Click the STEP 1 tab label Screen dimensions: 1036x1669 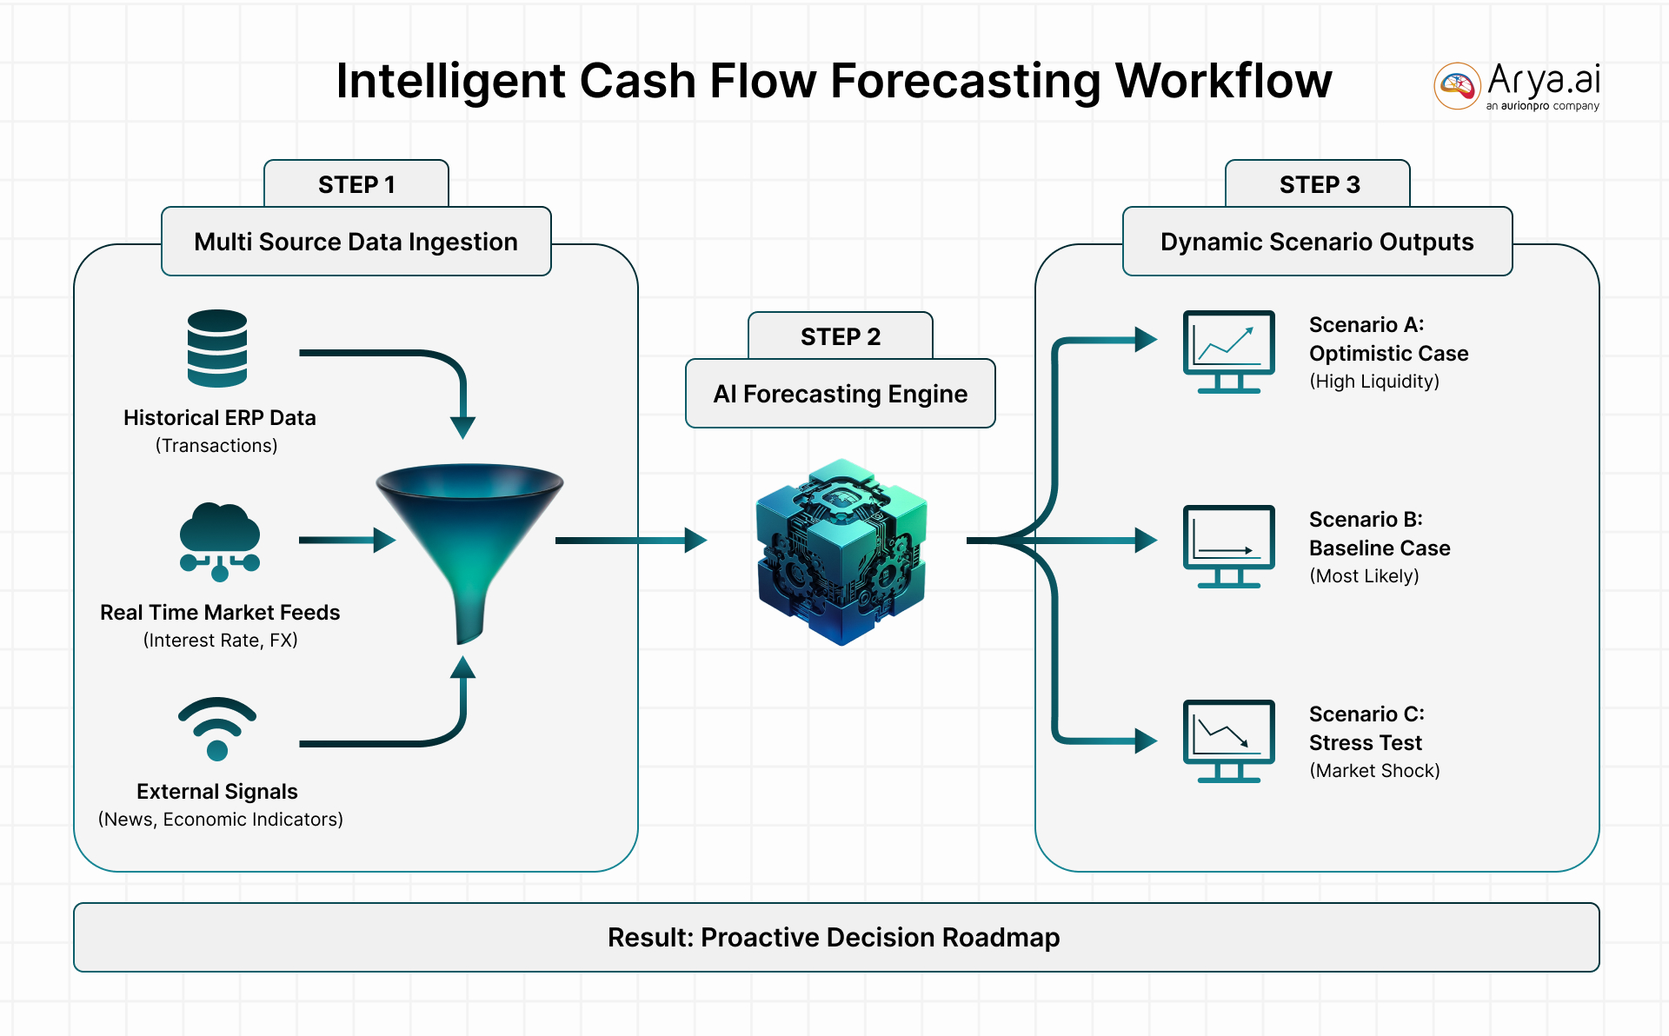[x=356, y=184]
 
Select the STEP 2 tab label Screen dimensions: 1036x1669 [x=841, y=336]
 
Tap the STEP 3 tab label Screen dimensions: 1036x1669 [x=1319, y=184]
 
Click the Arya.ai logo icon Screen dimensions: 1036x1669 [x=1457, y=86]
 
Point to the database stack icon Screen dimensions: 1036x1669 [x=217, y=348]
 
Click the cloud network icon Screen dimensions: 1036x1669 [x=219, y=541]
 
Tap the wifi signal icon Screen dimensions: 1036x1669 [x=217, y=728]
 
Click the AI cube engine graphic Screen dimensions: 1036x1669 [x=841, y=552]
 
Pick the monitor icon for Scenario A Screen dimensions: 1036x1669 [x=1228, y=351]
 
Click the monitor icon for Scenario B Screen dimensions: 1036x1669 [x=1228, y=546]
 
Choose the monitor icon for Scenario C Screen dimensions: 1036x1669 [x=1228, y=740]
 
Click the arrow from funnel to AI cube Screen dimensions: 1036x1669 [x=630, y=541]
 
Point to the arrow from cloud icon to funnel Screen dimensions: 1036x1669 [x=346, y=541]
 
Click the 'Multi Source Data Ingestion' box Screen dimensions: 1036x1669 [x=356, y=242]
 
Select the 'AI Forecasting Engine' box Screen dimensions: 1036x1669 [x=841, y=394]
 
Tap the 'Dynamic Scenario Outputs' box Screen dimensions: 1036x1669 [x=1317, y=242]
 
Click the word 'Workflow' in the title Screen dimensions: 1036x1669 [x=1223, y=81]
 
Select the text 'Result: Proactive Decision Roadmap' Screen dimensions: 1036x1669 [x=834, y=937]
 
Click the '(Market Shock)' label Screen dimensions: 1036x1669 [x=1374, y=770]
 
